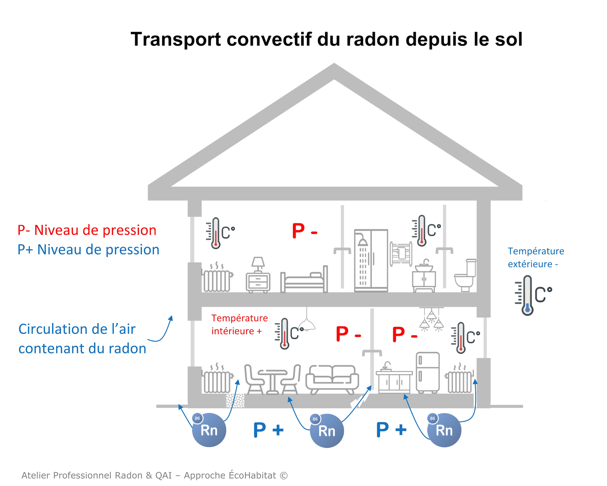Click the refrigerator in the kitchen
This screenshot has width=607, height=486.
tap(427, 372)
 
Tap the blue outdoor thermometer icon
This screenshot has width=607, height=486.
tap(527, 295)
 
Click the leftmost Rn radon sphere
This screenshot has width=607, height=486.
tap(209, 430)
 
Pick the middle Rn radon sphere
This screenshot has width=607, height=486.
tap(326, 430)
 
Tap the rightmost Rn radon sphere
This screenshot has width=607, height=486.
tap(444, 430)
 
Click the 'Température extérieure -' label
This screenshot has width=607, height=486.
tap(535, 257)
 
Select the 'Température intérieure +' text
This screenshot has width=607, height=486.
tap(239, 324)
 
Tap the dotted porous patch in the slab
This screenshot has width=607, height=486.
tap(235, 400)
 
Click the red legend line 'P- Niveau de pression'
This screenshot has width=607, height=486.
tap(87, 230)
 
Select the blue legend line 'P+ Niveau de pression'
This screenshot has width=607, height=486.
tap(88, 250)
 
